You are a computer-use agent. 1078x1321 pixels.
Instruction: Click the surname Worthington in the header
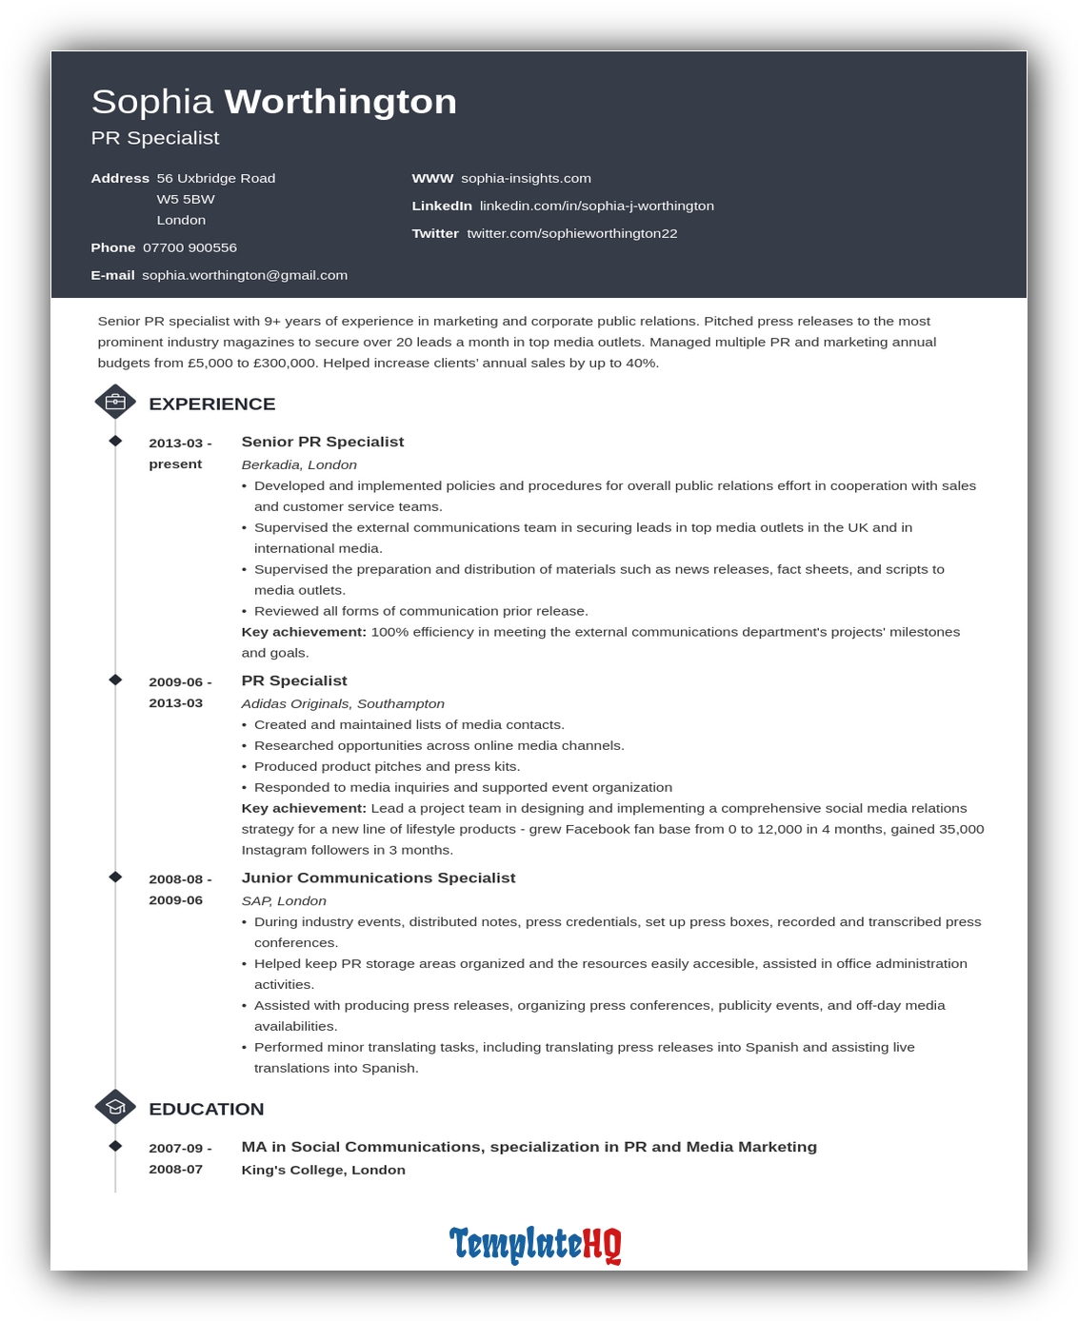coord(340,102)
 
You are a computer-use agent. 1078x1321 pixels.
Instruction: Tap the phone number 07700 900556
coord(190,247)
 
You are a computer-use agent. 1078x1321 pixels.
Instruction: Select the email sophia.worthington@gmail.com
coord(245,275)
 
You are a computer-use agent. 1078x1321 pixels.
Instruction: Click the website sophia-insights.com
coord(526,178)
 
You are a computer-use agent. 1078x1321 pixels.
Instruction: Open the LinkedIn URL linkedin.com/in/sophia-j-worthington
coord(596,206)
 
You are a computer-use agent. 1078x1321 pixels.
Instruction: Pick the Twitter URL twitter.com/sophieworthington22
coord(571,233)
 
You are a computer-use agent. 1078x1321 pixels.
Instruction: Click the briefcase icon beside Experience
coord(115,402)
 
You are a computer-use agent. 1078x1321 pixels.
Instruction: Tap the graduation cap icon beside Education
coord(115,1107)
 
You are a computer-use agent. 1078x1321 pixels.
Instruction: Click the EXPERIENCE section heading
coord(211,404)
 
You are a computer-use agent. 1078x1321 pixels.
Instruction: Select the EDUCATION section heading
coord(206,1109)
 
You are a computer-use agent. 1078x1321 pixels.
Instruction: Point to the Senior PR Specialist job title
coord(322,442)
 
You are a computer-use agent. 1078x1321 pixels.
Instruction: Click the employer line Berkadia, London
coord(299,464)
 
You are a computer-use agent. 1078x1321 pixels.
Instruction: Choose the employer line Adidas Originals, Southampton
coord(343,703)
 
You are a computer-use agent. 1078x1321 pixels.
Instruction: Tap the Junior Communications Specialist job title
coord(378,877)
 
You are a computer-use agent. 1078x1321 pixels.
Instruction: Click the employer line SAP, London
coord(284,900)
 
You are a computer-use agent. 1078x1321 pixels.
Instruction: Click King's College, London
coord(323,1170)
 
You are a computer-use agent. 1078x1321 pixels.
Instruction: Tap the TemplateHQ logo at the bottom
coord(535,1244)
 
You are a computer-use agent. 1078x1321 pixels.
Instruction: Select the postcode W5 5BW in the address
coord(186,199)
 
